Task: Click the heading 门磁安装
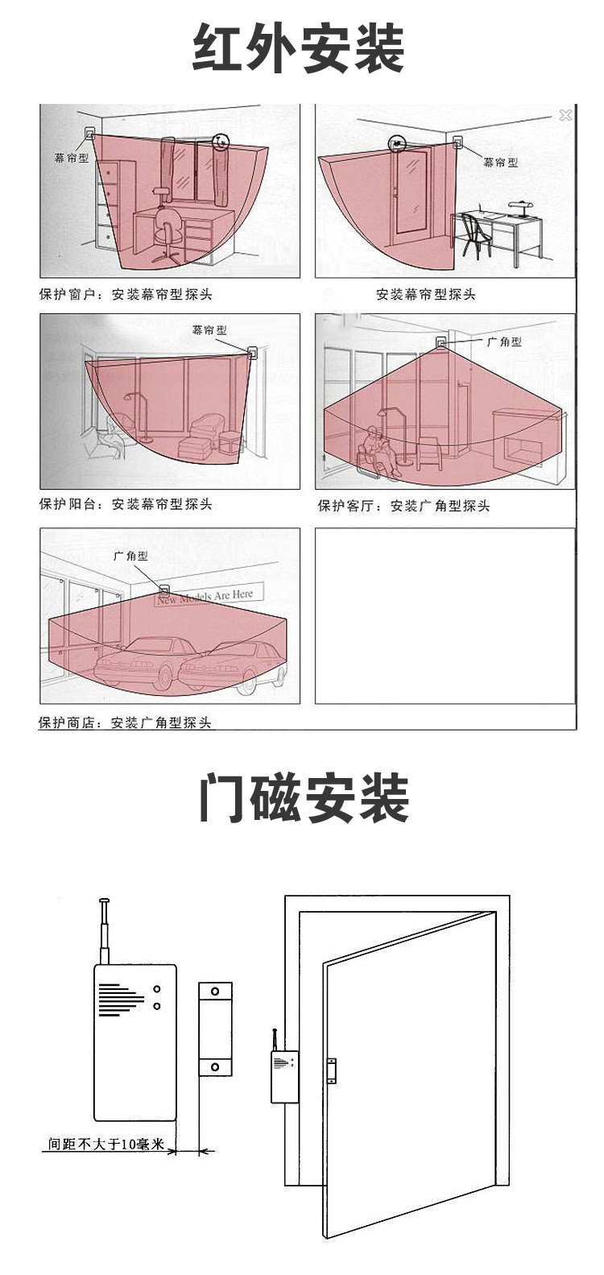tap(304, 798)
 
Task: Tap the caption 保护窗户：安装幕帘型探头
tap(126, 295)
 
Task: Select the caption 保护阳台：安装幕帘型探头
tap(126, 504)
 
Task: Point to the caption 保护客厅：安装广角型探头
tap(403, 506)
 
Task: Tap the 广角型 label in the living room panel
tap(504, 342)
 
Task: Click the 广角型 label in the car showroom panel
tap(130, 556)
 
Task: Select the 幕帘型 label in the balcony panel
tap(209, 330)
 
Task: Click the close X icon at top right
tap(565, 115)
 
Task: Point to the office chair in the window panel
tap(167, 234)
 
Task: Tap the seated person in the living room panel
tap(379, 451)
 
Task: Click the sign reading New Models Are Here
tap(206, 596)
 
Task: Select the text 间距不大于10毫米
tap(105, 1144)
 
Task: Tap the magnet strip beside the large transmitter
tap(215, 1029)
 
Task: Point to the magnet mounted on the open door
tap(331, 1070)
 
